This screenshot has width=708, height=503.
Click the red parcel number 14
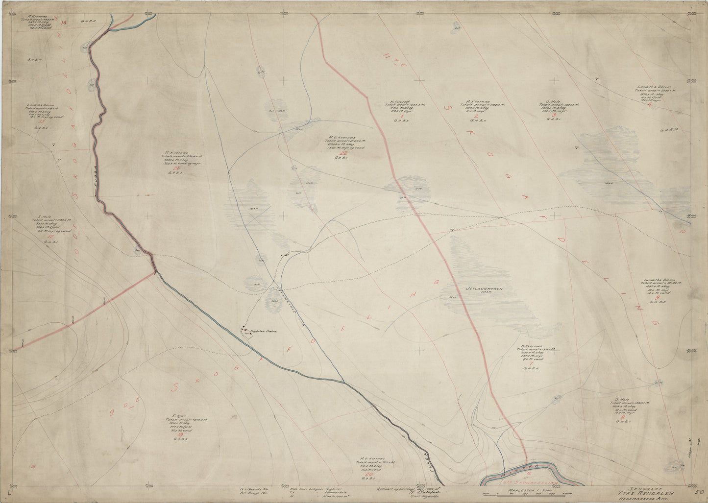coord(63,23)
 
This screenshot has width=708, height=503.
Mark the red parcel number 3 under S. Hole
coord(553,115)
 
